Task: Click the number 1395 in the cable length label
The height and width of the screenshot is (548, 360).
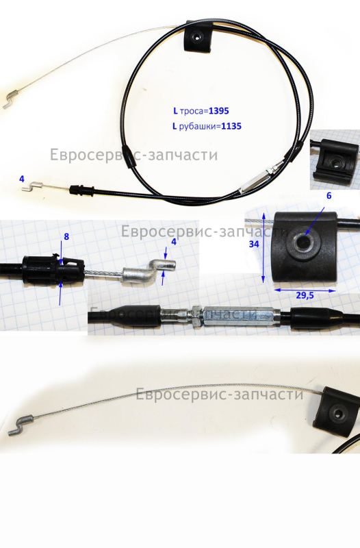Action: (219, 111)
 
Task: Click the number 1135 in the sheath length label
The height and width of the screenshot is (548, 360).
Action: (231, 126)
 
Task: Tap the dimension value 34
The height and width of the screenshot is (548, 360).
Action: (253, 244)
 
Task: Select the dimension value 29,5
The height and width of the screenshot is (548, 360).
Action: (305, 296)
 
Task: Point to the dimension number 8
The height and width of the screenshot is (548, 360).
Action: (66, 236)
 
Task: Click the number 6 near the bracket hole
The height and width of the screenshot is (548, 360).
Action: (329, 196)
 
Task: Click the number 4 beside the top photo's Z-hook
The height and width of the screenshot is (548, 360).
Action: (22, 179)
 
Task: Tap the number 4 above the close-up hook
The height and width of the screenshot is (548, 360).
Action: (174, 242)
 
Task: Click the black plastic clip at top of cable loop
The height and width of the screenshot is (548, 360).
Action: (198, 38)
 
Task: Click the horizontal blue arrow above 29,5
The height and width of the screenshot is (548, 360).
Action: (305, 290)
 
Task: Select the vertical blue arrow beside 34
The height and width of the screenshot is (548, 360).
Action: (263, 247)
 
